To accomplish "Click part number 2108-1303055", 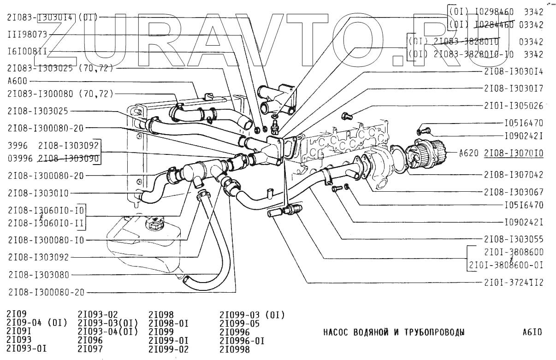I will pos(513,239).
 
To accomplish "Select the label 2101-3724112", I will pos(513,283).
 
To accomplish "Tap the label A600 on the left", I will pos(17,81).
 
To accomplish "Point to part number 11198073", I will pos(27,35).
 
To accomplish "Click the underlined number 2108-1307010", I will pos(513,153).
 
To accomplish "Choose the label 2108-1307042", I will pos(513,175).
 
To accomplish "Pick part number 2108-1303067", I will pos(513,192).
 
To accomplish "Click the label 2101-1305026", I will pos(513,105).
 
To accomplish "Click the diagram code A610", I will pos(532,332).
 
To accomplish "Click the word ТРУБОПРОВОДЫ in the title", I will pos(433,332).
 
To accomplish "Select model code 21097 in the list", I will pos(90,349).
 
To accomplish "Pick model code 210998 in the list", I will pos(235,349).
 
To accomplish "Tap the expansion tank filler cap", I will pos(154,225).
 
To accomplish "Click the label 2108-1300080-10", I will pos(46,240).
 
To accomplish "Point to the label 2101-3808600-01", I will pos(506,265).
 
